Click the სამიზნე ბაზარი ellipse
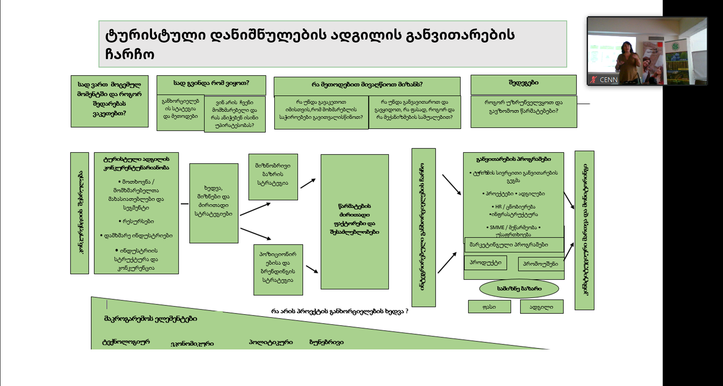(519, 289)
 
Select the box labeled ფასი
(489, 307)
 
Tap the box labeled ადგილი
(541, 307)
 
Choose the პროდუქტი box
(485, 263)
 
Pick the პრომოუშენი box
(540, 264)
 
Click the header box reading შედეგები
(523, 83)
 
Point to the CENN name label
(608, 80)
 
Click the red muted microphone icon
(594, 80)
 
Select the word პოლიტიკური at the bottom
(270, 342)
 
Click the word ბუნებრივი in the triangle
(326, 342)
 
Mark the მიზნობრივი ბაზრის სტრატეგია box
(273, 175)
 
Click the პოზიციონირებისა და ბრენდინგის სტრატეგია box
(278, 267)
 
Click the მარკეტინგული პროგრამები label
(509, 245)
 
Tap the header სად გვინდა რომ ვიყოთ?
(211, 83)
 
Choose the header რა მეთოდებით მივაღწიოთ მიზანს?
(367, 85)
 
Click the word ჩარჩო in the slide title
(129, 54)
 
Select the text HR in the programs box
(498, 207)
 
